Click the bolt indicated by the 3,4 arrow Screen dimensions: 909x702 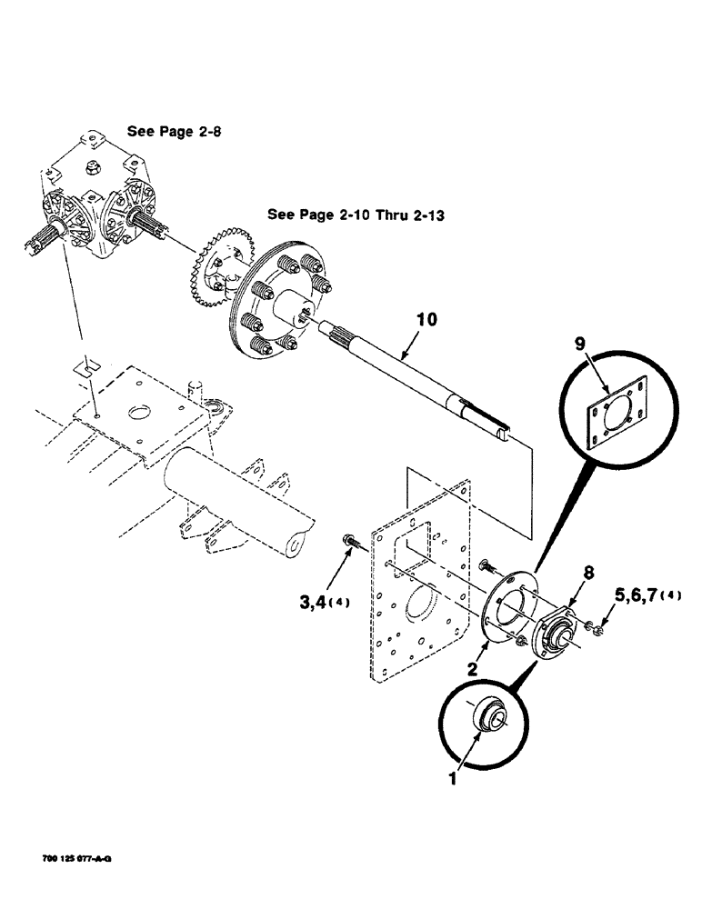point(349,544)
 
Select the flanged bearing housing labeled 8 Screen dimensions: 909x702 point(556,626)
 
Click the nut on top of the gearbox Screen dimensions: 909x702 point(93,165)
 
